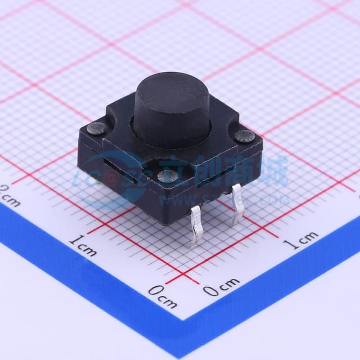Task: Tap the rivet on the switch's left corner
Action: coord(97,129)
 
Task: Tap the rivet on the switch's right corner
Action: coord(245,136)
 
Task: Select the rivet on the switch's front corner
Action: coord(167,177)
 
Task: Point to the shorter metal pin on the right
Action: coord(237,202)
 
